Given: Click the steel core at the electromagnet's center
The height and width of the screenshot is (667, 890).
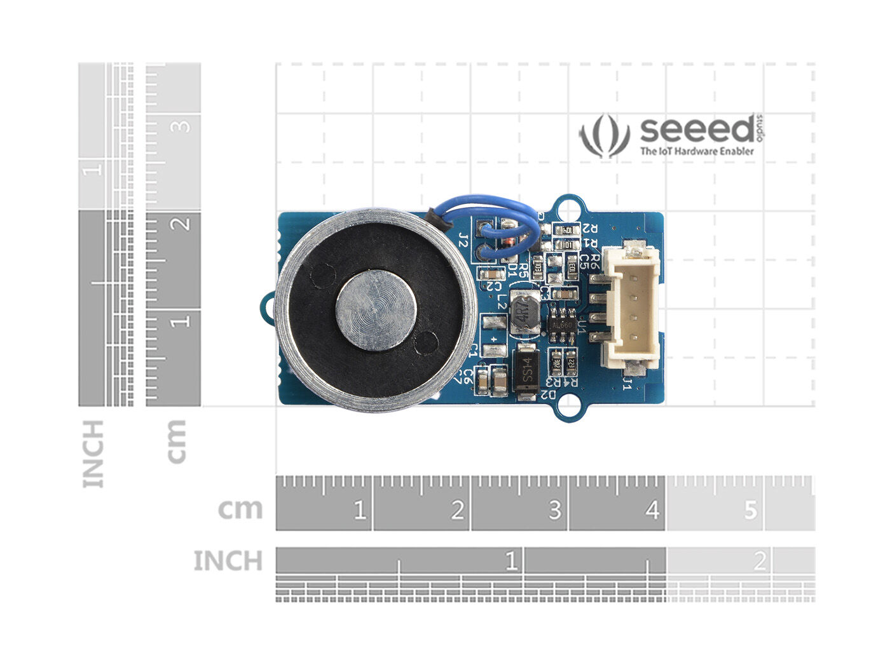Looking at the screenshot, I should pyautogui.click(x=376, y=311).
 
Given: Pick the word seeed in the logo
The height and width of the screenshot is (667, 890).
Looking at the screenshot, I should pyautogui.click(x=696, y=130).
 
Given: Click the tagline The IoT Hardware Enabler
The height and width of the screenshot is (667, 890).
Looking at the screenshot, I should pyautogui.click(x=697, y=151).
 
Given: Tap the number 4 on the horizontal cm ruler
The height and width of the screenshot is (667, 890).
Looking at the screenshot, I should pyautogui.click(x=652, y=509).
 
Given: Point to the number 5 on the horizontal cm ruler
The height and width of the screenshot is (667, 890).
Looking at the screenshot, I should pyautogui.click(x=751, y=509).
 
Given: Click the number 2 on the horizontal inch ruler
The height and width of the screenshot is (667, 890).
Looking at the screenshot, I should pyautogui.click(x=759, y=562).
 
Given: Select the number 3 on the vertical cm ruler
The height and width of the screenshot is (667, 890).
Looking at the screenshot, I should pyautogui.click(x=182, y=125).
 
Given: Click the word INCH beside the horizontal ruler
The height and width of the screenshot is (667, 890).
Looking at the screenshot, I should pyautogui.click(x=228, y=562).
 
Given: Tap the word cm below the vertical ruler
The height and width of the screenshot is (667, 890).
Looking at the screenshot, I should pyautogui.click(x=176, y=441).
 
